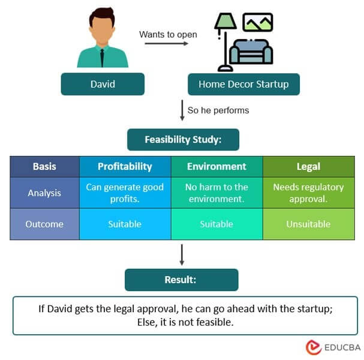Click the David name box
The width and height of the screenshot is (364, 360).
pyautogui.click(x=103, y=84)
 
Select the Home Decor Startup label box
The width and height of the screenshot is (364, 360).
pyautogui.click(x=243, y=84)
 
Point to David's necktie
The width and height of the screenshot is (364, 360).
pyautogui.click(x=102, y=58)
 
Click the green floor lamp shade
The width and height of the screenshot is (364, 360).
pyautogui.click(x=225, y=22)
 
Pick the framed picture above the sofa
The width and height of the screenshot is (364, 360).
pyautogui.click(x=257, y=22)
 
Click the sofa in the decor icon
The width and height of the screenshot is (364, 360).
pyautogui.click(x=251, y=52)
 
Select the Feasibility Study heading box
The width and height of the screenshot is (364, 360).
pyautogui.click(x=183, y=140)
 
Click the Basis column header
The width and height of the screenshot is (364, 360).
pyautogui.click(x=44, y=166)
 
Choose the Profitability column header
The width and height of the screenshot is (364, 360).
pyautogui.click(x=125, y=166)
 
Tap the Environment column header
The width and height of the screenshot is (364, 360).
pyautogui.click(x=216, y=166)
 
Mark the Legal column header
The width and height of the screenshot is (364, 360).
pyautogui.click(x=308, y=166)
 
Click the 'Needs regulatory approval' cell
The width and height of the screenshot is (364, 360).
pyautogui.click(x=308, y=193)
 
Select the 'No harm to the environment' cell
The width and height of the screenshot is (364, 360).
pyautogui.click(x=216, y=193)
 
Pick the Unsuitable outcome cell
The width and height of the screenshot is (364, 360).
pyautogui.click(x=308, y=224)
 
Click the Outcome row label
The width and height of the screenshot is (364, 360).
pyautogui.click(x=44, y=224)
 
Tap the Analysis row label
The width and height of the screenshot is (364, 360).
pyautogui.click(x=44, y=193)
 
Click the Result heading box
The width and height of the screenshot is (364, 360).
pyautogui.click(x=181, y=280)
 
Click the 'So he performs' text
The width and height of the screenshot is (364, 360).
pyautogui.click(x=218, y=110)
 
